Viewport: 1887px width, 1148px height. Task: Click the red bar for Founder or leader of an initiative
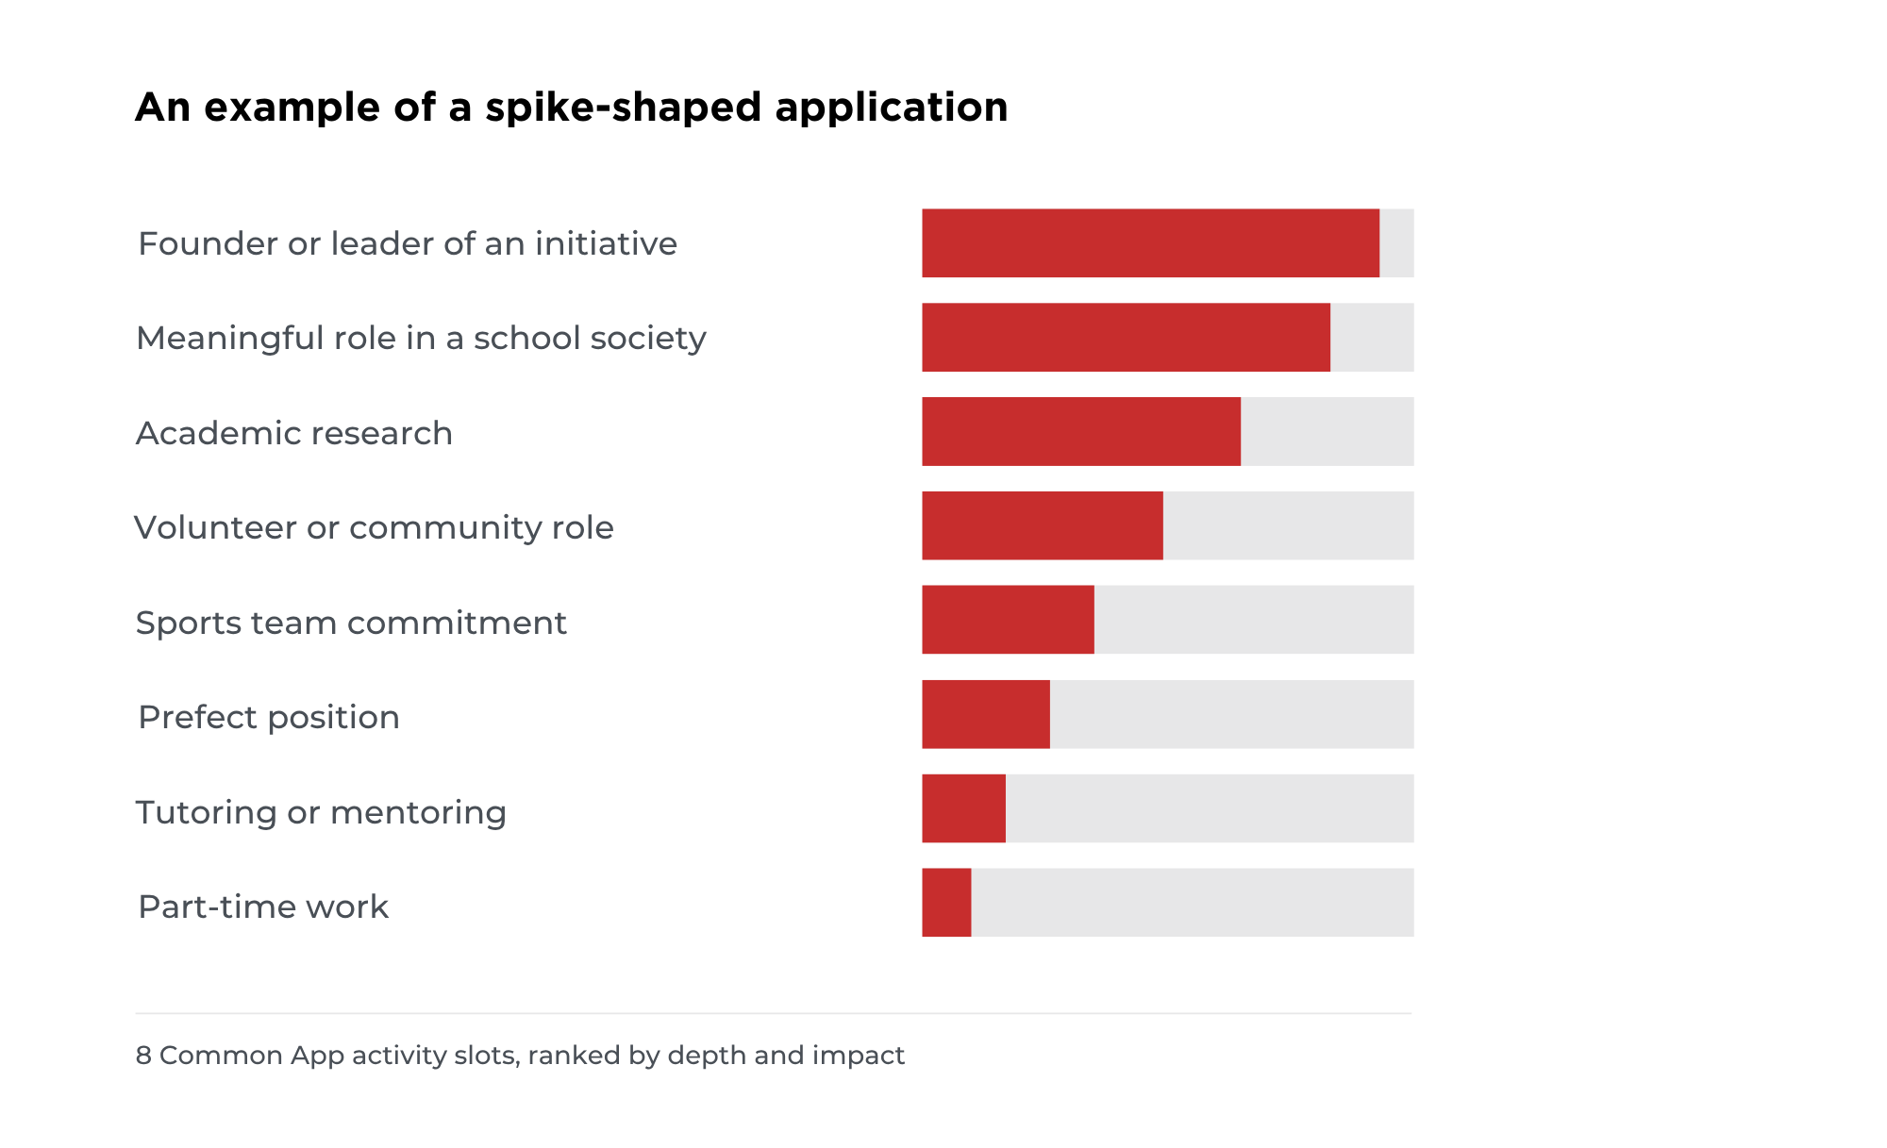pyautogui.click(x=1150, y=243)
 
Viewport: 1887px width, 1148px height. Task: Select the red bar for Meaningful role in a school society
pyautogui.click(x=1126, y=338)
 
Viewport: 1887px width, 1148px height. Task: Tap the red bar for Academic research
pyautogui.click(x=1081, y=431)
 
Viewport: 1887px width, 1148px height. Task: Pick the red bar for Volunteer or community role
pyautogui.click(x=1043, y=525)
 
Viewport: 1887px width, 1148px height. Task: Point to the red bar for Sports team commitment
pyautogui.click(x=1008, y=620)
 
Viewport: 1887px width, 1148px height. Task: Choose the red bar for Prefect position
pyautogui.click(x=986, y=714)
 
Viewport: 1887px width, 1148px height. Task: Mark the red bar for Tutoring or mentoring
pyautogui.click(x=963, y=808)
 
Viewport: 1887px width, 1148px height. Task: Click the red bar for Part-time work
pyautogui.click(x=946, y=903)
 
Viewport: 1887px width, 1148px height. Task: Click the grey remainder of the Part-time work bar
pyautogui.click(x=1193, y=903)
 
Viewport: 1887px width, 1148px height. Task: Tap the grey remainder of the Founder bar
pyautogui.click(x=1396, y=243)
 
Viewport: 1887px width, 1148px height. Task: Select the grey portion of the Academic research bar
pyautogui.click(x=1328, y=431)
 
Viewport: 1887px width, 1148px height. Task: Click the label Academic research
pyautogui.click(x=294, y=433)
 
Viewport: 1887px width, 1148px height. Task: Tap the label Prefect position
pyautogui.click(x=269, y=718)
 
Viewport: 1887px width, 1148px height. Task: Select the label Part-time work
pyautogui.click(x=263, y=907)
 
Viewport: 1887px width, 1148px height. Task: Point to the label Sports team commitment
pyautogui.click(x=351, y=623)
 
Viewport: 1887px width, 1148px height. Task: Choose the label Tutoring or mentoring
pyautogui.click(x=321, y=812)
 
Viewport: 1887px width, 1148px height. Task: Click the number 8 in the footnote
pyautogui.click(x=143, y=1055)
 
